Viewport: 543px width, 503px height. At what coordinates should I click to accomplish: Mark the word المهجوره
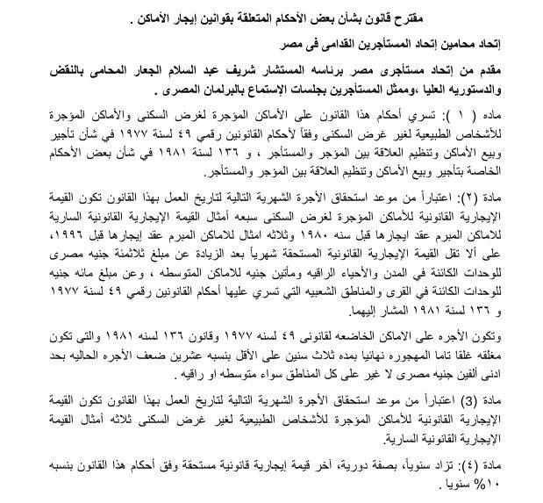[403, 357]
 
